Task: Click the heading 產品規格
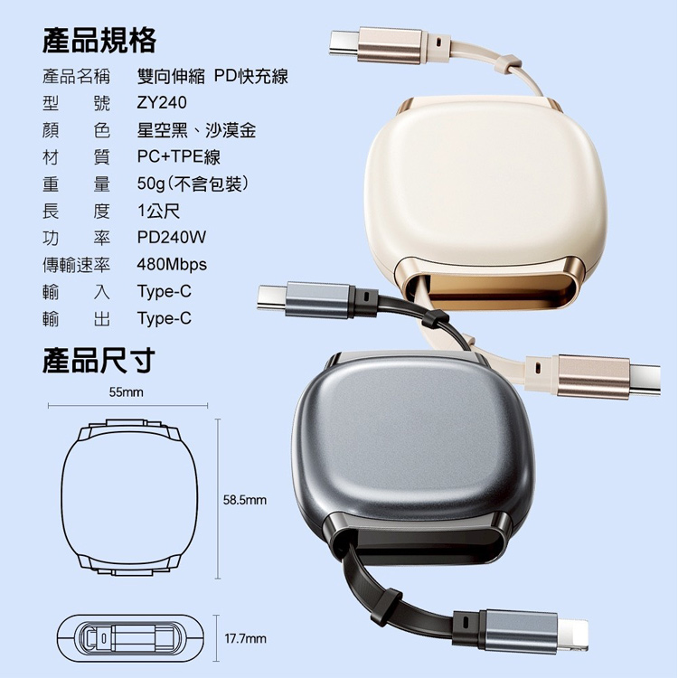coord(99,41)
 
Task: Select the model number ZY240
coord(162,103)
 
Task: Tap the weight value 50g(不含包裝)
coord(193,184)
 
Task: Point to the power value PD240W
coord(172,238)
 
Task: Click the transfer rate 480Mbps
coord(172,264)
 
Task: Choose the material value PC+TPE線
coord(179,156)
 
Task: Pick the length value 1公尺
coord(158,211)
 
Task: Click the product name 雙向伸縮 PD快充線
coord(212,77)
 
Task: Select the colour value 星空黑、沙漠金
coord(196,129)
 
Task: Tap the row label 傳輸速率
coord(76,265)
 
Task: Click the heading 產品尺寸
coord(99,361)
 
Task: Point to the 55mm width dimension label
coord(126,392)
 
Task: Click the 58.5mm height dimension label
coord(245,500)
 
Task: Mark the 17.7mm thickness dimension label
coord(245,638)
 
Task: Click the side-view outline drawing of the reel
coord(130,638)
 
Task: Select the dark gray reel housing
coord(413,458)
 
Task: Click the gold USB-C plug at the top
coord(376,45)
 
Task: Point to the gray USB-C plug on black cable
coord(305,299)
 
